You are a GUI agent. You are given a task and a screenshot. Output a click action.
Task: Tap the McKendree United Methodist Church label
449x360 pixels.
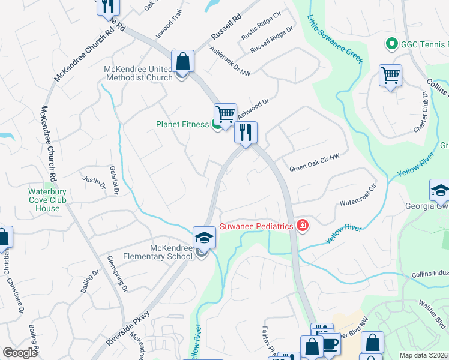[138, 73]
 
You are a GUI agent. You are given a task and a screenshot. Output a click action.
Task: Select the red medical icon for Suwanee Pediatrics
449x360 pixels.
[303, 226]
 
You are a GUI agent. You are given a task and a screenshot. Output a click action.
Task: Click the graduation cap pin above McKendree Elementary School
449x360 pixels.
[204, 237]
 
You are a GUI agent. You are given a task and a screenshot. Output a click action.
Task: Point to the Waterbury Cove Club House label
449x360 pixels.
[44, 200]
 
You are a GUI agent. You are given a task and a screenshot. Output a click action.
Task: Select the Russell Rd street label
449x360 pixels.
[226, 28]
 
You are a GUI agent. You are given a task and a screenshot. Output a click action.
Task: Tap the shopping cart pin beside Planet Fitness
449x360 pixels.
[225, 113]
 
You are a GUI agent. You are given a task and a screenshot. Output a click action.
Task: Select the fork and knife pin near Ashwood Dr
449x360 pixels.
[246, 132]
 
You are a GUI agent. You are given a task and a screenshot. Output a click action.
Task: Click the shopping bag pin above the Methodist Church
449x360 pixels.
[182, 61]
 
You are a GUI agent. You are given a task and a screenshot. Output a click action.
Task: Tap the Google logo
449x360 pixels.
[20, 352]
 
